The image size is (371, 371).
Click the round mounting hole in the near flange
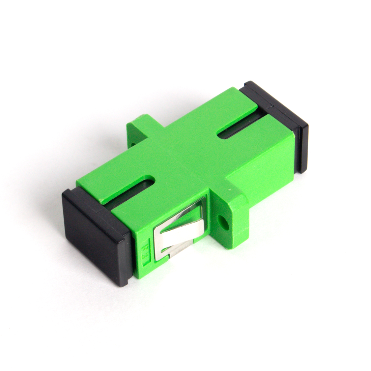222,221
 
